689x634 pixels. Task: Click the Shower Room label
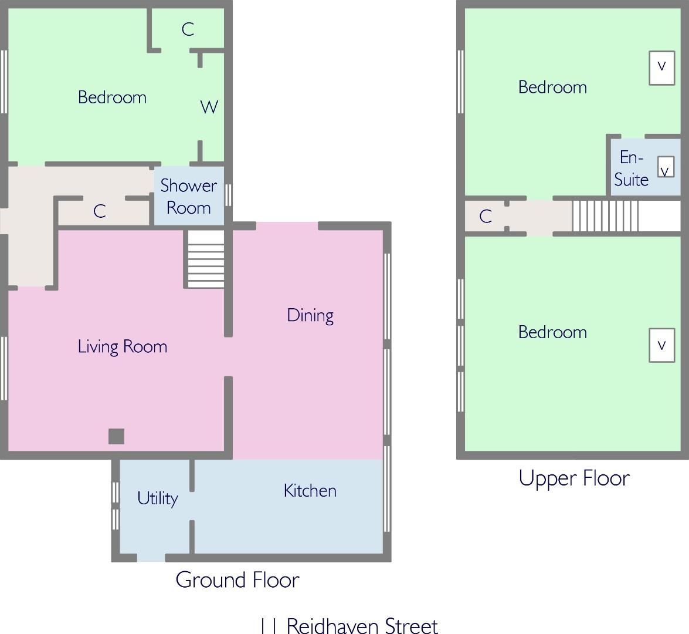[188, 197]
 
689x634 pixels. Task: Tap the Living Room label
[123, 347]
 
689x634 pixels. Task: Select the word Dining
[310, 315]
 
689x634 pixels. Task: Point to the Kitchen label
[310, 491]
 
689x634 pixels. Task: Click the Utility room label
[157, 498]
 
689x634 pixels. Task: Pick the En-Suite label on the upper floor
[632, 168]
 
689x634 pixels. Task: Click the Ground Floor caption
[237, 580]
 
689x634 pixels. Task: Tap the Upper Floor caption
[574, 478]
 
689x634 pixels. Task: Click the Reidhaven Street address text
[349, 625]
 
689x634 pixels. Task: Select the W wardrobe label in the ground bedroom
[209, 107]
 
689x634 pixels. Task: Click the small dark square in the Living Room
[117, 436]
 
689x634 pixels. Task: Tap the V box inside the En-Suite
[666, 167]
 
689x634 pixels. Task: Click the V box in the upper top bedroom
[662, 68]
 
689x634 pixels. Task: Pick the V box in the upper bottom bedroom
[662, 345]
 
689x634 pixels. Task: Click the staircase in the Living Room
[206, 259]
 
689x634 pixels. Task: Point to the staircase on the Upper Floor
[605, 216]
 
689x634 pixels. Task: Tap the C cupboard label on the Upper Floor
[486, 216]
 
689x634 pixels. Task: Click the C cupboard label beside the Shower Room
[100, 211]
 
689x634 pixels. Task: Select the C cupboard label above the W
[188, 29]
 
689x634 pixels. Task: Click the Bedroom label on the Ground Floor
[112, 97]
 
